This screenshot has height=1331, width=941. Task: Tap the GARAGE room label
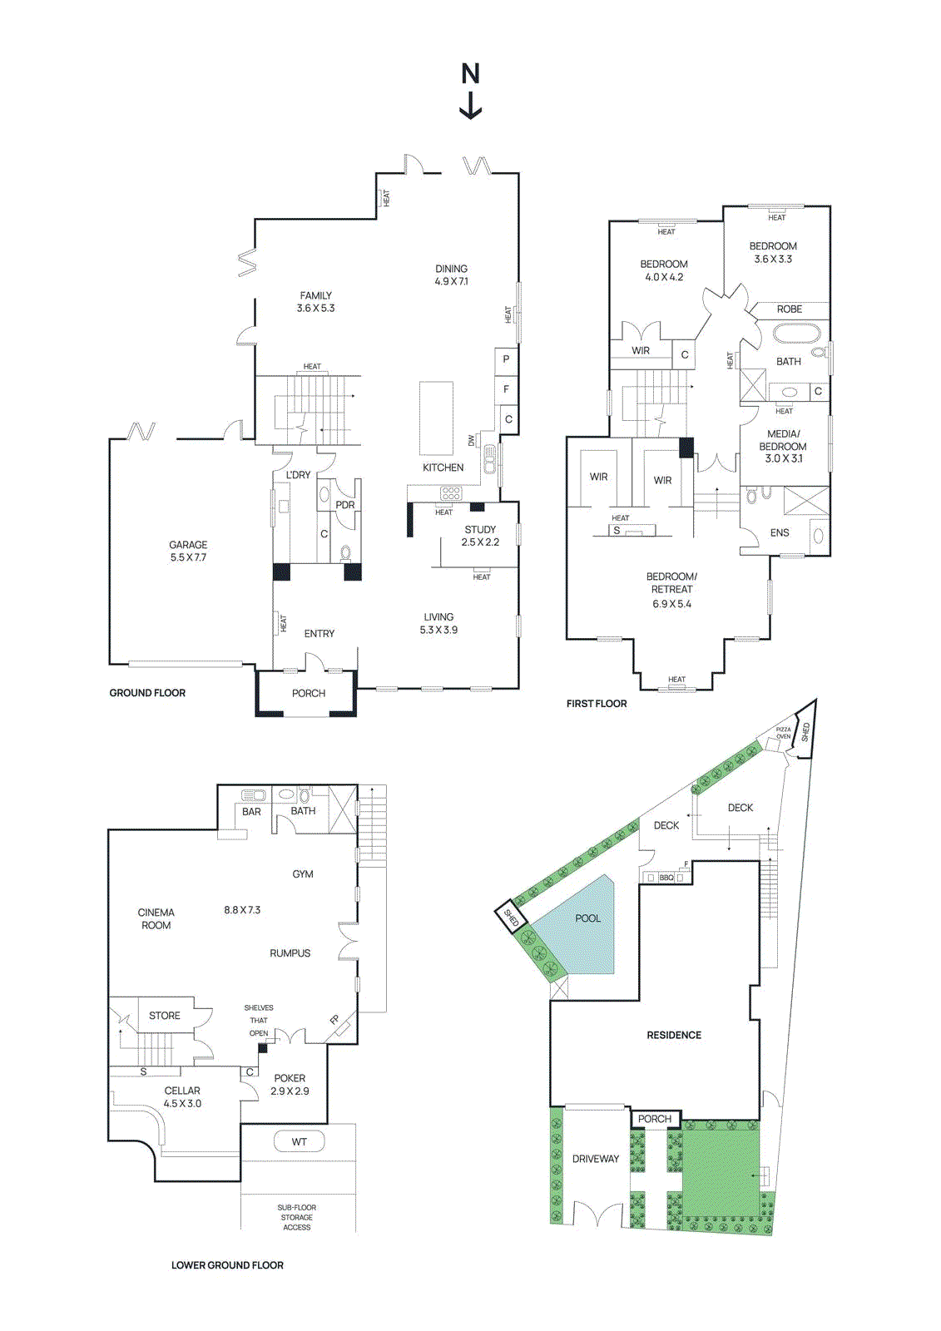(188, 551)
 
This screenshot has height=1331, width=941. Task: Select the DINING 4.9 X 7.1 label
(451, 275)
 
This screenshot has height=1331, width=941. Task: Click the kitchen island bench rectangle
(436, 418)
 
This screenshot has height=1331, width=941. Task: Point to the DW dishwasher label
(471, 439)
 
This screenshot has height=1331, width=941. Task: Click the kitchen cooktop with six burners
(450, 493)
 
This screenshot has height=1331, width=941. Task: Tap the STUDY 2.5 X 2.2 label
(480, 535)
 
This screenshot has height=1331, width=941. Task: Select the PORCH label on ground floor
(308, 693)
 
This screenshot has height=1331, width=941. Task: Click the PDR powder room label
(344, 505)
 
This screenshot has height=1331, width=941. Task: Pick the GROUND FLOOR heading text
(147, 693)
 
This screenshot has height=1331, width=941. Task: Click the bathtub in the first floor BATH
(796, 334)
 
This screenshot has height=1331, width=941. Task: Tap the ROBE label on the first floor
(789, 309)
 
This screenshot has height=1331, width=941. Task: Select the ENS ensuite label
(780, 532)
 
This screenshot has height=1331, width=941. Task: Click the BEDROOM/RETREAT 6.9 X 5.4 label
(671, 590)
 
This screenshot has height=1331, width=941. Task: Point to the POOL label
(587, 918)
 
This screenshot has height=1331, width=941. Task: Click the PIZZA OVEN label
(783, 733)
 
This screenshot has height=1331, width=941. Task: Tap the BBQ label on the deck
(666, 878)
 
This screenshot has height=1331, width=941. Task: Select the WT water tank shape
(299, 1142)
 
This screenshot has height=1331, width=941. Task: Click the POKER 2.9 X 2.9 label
(290, 1084)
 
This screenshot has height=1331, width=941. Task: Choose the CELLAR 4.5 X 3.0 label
(182, 1096)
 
